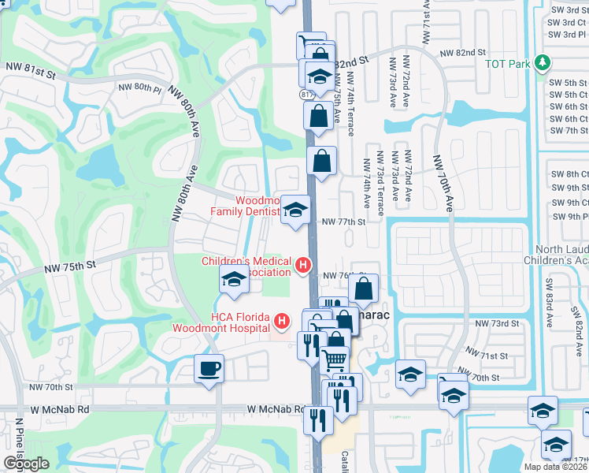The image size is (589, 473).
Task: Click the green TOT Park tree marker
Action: (541, 62)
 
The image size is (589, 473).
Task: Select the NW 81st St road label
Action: (29, 75)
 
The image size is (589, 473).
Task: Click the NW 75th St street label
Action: (69, 266)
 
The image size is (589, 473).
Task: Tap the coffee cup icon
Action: (209, 368)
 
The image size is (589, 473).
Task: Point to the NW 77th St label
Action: (344, 222)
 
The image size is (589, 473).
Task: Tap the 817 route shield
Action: (306, 94)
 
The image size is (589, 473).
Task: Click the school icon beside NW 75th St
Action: (234, 280)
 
